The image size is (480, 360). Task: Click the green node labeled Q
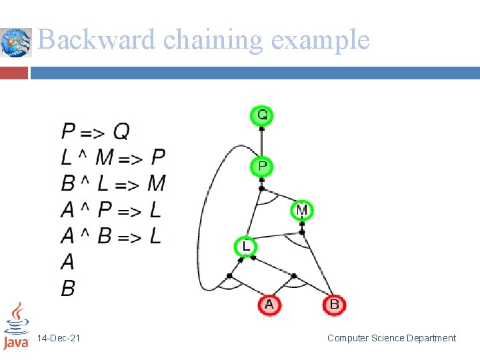[262, 115]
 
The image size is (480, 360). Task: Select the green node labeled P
[262, 166]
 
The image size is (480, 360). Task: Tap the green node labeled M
[302, 211]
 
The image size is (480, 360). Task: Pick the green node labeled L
[245, 247]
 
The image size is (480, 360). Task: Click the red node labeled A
[269, 305]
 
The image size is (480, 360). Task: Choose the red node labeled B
[334, 305]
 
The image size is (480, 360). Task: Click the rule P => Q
[95, 131]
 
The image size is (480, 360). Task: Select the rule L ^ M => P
[113, 157]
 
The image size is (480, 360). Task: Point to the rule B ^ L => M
[113, 183]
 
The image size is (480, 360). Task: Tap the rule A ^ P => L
[111, 210]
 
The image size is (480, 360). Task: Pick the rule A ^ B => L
[111, 236]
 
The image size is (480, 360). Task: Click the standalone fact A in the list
[68, 262]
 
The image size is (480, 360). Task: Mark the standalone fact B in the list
[68, 288]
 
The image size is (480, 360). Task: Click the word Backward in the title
[97, 41]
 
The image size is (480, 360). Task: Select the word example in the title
[321, 41]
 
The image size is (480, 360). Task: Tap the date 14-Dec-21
[59, 339]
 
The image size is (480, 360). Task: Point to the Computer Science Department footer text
[391, 339]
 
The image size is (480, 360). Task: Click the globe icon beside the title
[16, 42]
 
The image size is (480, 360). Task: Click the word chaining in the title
[213, 41]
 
